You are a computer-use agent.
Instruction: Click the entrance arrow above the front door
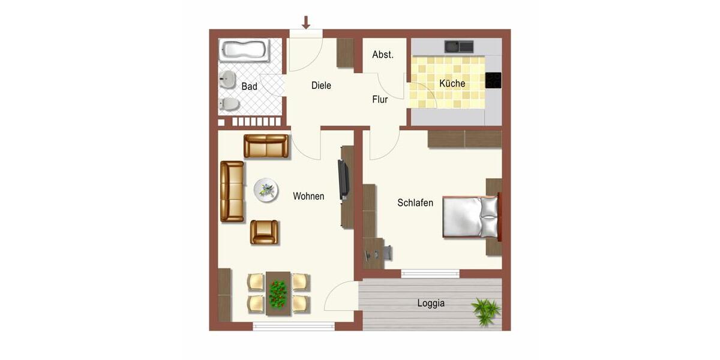[306, 23]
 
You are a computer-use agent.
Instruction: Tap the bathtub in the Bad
[244, 50]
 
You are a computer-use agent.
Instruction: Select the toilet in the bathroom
[229, 104]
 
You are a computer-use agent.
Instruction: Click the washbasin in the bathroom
[227, 79]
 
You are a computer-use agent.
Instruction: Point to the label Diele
[321, 86]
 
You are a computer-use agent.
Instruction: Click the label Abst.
[383, 55]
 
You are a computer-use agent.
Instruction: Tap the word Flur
[380, 100]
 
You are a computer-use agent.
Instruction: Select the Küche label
[452, 83]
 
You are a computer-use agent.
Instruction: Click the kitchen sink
[458, 46]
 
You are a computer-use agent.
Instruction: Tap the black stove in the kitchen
[493, 80]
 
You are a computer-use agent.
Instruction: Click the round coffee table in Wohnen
[266, 190]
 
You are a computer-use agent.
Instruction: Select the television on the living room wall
[343, 179]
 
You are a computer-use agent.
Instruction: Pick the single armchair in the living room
[264, 232]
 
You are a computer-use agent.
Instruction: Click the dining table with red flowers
[278, 293]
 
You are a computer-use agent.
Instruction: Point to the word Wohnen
[308, 196]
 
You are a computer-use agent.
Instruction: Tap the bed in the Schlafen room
[471, 216]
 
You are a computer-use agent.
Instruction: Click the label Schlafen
[415, 203]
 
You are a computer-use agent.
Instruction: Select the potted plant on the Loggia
[485, 311]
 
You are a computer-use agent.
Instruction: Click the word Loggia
[431, 303]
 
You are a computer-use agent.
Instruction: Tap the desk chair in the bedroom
[386, 252]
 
